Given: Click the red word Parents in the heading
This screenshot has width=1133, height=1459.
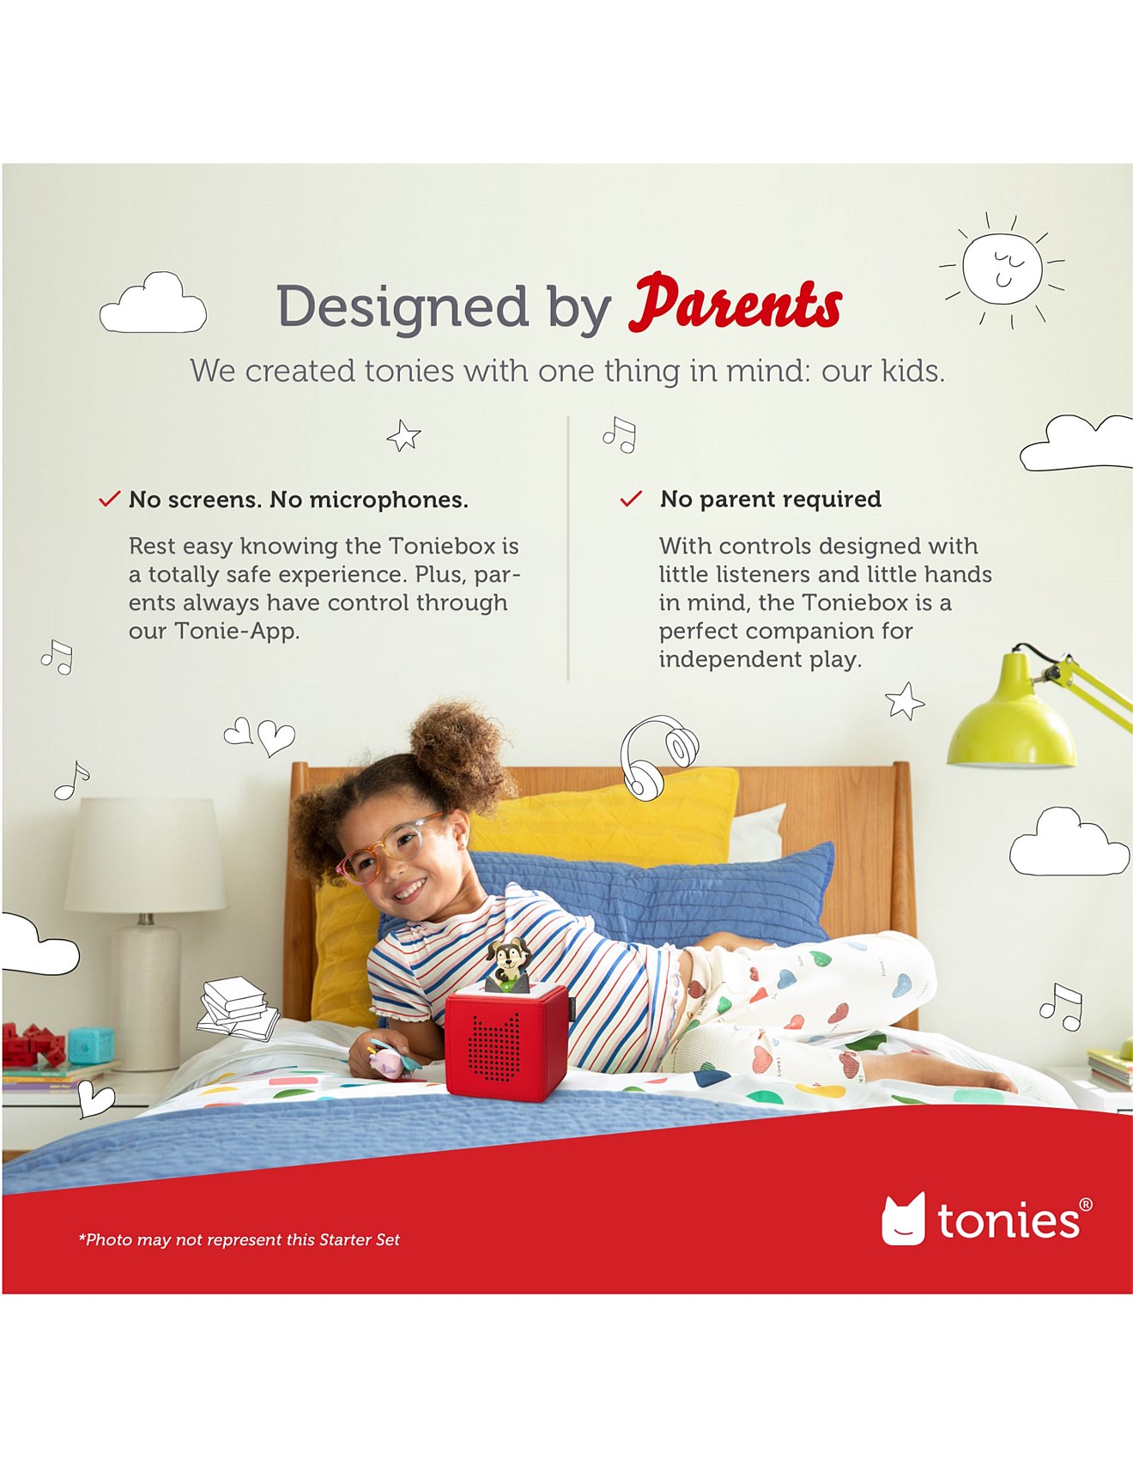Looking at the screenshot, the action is tap(735, 304).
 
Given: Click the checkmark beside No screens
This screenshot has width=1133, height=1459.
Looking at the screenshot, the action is tap(109, 499).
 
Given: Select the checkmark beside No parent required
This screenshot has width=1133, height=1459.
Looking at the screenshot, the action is tap(631, 499).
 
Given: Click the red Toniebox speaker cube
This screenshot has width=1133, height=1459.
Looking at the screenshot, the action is tap(506, 1042).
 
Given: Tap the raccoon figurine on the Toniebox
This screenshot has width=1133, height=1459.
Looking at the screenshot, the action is tap(508, 966).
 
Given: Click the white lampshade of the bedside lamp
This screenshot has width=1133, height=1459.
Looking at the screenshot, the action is tap(146, 855).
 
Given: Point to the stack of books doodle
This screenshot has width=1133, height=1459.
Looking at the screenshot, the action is tap(238, 1008).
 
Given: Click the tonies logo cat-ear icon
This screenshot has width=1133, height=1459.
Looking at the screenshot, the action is tap(904, 1218).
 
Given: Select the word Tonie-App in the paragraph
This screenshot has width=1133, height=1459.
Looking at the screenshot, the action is tap(237, 631).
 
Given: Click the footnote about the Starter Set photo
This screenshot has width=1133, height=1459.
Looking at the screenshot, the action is tap(239, 1239).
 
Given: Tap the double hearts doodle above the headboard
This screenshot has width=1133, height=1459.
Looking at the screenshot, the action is tap(259, 736).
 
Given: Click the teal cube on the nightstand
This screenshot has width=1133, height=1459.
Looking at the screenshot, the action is tap(91, 1044).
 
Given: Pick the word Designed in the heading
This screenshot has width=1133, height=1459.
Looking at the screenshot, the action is tap(403, 306).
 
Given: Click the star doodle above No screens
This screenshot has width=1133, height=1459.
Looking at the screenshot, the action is tap(403, 436).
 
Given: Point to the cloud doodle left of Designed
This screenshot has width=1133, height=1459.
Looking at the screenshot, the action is tap(153, 303).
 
